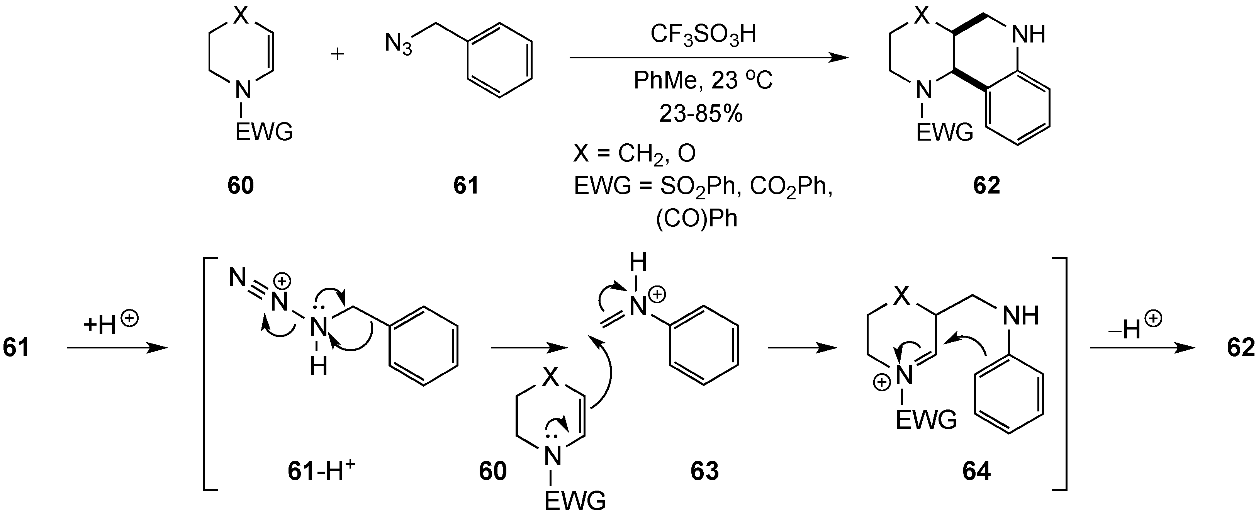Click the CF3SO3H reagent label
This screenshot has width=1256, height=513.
tap(703, 35)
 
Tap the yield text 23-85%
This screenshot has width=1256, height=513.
tap(701, 114)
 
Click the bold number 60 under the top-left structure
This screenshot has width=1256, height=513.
tap(241, 186)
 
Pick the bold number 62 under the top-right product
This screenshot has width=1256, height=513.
tap(986, 186)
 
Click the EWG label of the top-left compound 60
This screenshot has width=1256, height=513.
tap(264, 131)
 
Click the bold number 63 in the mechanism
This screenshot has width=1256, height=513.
tap(704, 471)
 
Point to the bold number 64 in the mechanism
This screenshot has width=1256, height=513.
tap(977, 471)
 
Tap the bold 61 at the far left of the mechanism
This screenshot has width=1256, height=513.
tap(16, 348)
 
